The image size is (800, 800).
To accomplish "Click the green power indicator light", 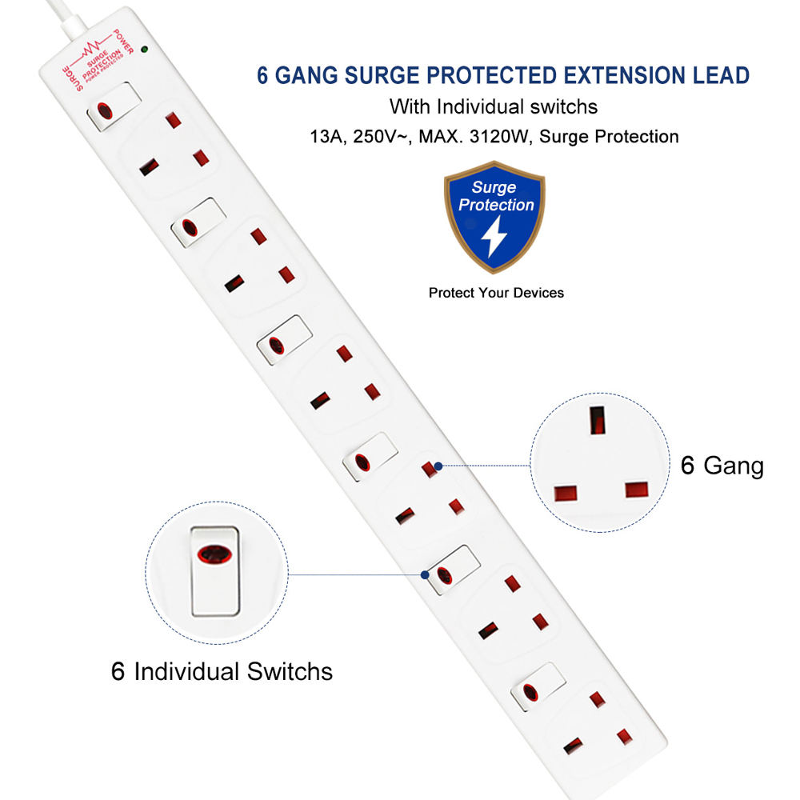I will point(144,50).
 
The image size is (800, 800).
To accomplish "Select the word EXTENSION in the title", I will point(619,76).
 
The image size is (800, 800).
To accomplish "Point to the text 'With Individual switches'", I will point(494,106).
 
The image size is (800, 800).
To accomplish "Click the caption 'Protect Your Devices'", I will point(496,293).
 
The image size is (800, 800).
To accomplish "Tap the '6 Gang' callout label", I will point(722,466).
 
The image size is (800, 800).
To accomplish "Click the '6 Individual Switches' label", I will point(222,671).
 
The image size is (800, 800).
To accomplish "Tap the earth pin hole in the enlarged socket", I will point(596,419).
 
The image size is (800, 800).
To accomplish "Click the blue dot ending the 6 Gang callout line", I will point(438,465).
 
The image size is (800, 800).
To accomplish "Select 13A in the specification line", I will point(324,137).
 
